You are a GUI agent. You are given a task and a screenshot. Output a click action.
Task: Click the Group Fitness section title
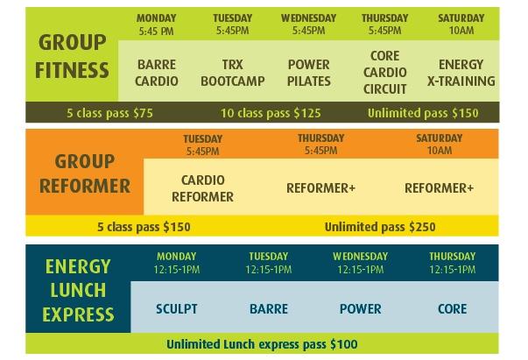(x=72, y=56)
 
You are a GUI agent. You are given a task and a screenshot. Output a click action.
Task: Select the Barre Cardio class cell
(x=156, y=73)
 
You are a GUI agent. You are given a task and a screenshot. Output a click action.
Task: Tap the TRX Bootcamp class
(x=232, y=73)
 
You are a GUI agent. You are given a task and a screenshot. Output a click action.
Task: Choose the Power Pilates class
(x=308, y=73)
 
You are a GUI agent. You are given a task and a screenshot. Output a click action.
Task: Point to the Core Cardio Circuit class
(x=384, y=73)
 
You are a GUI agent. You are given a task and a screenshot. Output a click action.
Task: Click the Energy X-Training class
(x=461, y=73)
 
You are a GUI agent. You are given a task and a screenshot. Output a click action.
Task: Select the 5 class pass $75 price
(x=109, y=113)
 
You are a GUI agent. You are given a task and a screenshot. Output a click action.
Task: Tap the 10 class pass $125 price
(x=271, y=113)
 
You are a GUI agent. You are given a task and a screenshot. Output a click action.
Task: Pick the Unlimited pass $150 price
(x=423, y=113)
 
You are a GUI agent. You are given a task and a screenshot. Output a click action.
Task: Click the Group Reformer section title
(x=85, y=173)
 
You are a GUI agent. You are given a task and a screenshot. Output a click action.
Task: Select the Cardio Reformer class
(x=202, y=188)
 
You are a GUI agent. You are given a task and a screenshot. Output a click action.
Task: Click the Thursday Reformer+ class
(x=320, y=188)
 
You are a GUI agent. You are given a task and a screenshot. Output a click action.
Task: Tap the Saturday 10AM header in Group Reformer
(x=439, y=145)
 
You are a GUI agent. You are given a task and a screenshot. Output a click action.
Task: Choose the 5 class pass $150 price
(x=144, y=227)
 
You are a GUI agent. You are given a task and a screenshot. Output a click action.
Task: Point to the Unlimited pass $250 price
(x=380, y=227)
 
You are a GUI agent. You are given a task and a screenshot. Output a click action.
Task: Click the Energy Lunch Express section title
(x=78, y=290)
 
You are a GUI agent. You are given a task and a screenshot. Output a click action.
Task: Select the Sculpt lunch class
(x=177, y=309)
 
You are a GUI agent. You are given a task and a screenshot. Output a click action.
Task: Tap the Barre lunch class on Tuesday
(x=268, y=309)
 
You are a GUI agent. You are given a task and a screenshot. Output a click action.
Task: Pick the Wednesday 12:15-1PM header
(x=360, y=263)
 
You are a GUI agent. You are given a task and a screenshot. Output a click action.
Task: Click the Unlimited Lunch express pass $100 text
(x=262, y=344)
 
